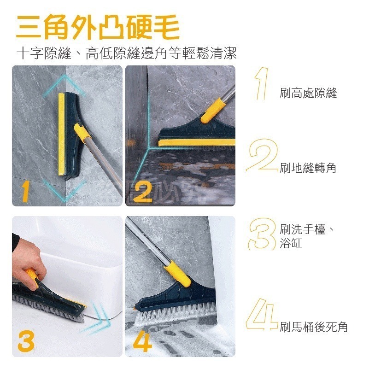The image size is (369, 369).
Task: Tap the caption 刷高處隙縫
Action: point(308,94)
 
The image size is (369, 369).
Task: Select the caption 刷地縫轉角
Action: point(308,168)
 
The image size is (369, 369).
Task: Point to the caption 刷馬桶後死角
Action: point(313,328)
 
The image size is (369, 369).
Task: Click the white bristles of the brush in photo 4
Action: point(175,314)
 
